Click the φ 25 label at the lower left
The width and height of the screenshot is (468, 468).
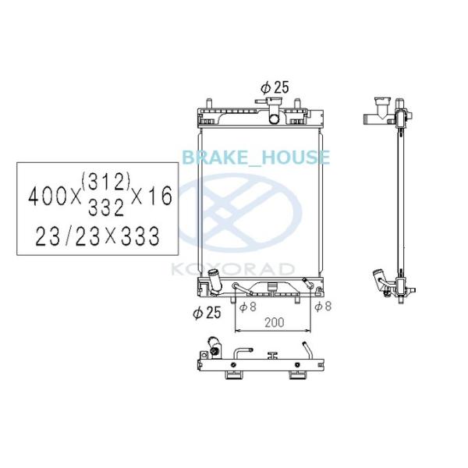pos(207,313)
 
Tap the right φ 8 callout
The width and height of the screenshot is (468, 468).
pos(322,307)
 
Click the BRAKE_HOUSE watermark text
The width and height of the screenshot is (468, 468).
pos(256,158)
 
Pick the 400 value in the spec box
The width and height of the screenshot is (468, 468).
pos(47,197)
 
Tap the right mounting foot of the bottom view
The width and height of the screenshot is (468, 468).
pos(296,374)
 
